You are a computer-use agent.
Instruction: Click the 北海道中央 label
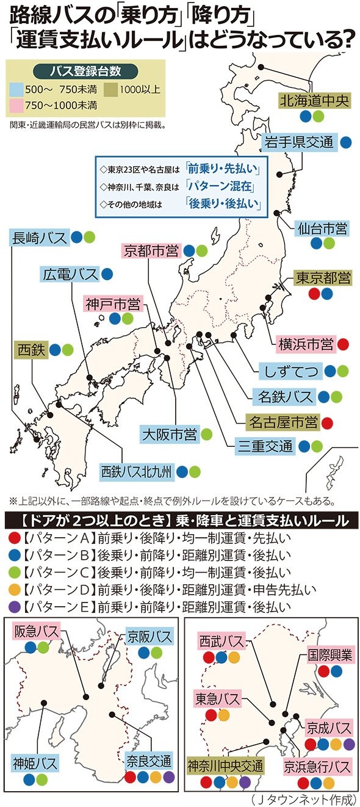point(314,100)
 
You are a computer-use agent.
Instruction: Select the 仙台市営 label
point(322,229)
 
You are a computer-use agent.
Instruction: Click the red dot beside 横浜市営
point(343,344)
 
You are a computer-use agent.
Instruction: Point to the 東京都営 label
point(323,278)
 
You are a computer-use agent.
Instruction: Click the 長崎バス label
point(38,237)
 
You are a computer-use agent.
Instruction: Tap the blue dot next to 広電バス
point(107,275)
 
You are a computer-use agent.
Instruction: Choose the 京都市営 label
point(150,250)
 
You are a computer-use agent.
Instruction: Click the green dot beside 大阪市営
point(207,435)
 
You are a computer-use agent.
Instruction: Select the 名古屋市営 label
point(283,422)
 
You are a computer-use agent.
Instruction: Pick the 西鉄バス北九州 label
point(137,471)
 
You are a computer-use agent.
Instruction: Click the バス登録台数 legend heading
point(85,70)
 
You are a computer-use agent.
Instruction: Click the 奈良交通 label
point(149,761)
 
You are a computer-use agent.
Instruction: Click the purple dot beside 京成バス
point(348,744)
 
